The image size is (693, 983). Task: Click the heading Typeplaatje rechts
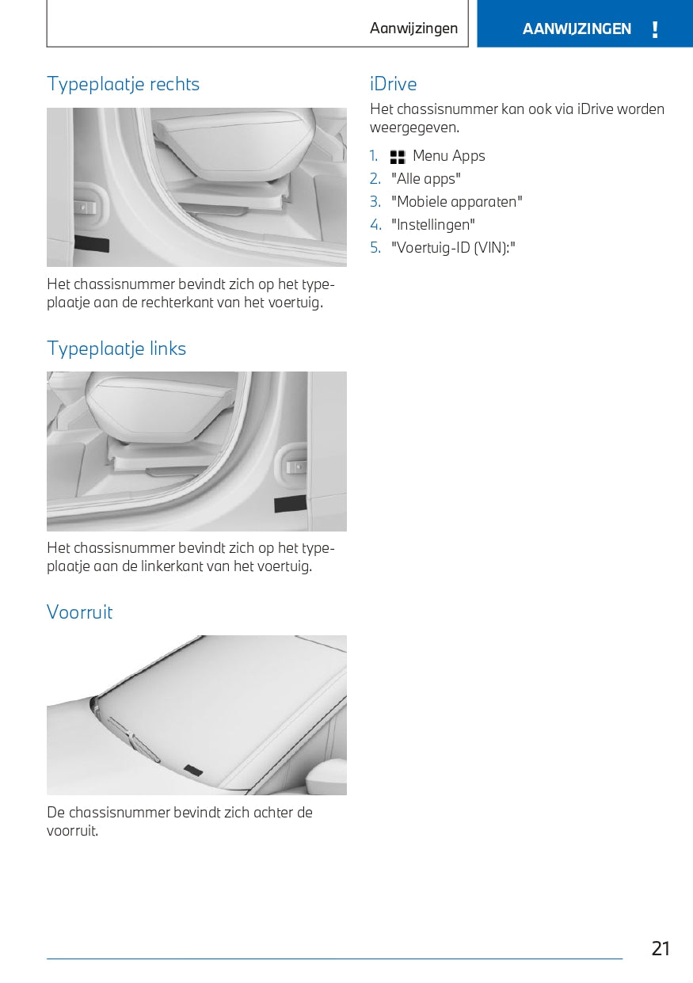123,84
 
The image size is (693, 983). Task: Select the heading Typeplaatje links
116,349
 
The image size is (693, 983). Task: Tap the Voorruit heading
79,612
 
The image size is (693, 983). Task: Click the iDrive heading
394,84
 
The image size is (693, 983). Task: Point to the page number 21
661,949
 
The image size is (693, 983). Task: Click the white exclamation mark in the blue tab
655,29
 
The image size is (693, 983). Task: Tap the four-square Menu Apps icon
398,157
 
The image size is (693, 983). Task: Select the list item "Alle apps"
426,179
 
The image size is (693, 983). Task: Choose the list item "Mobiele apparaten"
456,202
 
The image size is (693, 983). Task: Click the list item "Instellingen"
432,225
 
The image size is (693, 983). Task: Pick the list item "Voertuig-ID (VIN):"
453,248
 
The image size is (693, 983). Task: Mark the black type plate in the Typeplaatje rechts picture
92,244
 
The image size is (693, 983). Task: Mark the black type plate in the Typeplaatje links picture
291,504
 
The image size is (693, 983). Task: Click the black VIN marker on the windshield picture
192,770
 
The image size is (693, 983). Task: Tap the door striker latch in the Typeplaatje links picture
295,466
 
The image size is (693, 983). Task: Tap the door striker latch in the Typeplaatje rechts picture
85,206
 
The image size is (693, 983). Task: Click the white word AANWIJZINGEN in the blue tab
577,29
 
